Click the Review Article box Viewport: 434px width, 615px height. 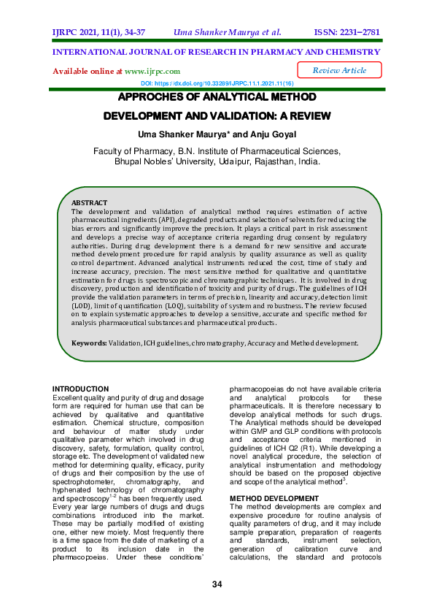tap(340, 70)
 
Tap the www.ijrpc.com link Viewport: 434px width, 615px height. tap(152, 72)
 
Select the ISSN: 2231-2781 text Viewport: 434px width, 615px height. tap(347, 32)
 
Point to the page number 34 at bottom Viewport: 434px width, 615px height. tap(217, 584)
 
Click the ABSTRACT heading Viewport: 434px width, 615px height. tap(89, 202)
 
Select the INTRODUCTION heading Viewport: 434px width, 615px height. tap(82, 389)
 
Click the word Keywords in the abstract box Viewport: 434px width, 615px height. tap(88, 343)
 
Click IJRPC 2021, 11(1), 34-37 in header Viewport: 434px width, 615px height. tap(98, 32)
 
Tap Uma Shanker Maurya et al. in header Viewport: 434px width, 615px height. tap(227, 32)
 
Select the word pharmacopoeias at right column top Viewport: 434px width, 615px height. tap(263, 389)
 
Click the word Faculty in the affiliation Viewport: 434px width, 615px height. tap(111, 151)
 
